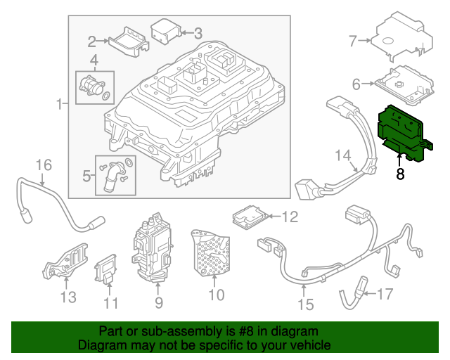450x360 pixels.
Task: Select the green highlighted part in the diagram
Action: pos(404,134)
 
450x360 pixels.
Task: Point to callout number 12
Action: pos(290,218)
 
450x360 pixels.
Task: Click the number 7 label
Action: pos(354,41)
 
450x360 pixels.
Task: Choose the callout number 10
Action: pos(217,295)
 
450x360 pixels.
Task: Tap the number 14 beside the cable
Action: pos(342,155)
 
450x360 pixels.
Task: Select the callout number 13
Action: pos(67,297)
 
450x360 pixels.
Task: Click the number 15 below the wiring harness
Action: pos(304,304)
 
